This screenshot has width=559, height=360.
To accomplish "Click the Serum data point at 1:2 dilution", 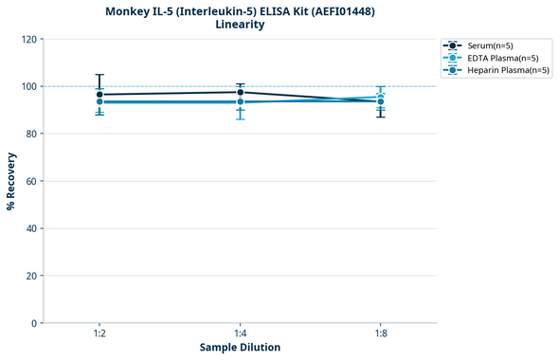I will (99, 95).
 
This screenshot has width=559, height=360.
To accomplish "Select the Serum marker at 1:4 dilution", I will (240, 92).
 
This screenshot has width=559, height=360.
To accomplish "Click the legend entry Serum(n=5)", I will (490, 45).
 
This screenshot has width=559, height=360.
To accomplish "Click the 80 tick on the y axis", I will (29, 135).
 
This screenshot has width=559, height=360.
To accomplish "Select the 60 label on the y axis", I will (29, 182).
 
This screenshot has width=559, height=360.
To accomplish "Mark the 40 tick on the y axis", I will (29, 229).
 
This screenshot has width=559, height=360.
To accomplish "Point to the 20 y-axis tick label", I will (29, 277).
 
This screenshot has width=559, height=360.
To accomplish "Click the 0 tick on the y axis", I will (32, 324).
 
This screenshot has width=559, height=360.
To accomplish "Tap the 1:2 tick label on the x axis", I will (99, 334).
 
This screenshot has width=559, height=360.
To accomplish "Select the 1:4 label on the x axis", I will (240, 334).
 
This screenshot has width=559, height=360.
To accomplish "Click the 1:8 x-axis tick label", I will (380, 334).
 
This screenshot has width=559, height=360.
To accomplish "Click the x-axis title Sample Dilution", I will (240, 348).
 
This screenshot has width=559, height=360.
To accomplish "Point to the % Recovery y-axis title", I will (11, 181).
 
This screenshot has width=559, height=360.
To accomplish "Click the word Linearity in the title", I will (240, 25).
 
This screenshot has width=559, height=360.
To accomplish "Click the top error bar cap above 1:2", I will (99, 75).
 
